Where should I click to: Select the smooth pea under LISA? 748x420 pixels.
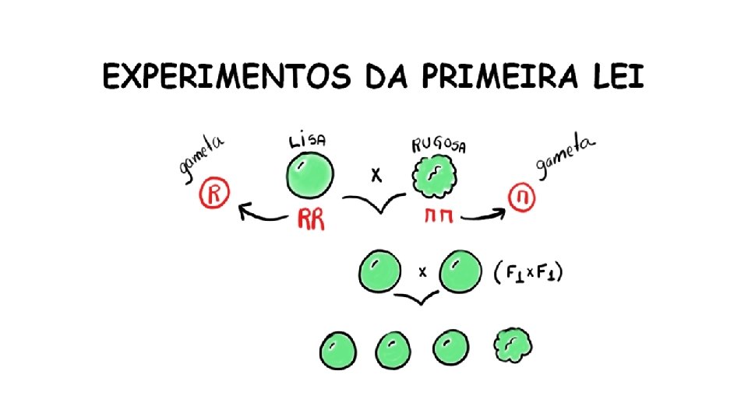(x=310, y=177)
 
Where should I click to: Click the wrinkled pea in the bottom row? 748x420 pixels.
(x=511, y=347)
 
